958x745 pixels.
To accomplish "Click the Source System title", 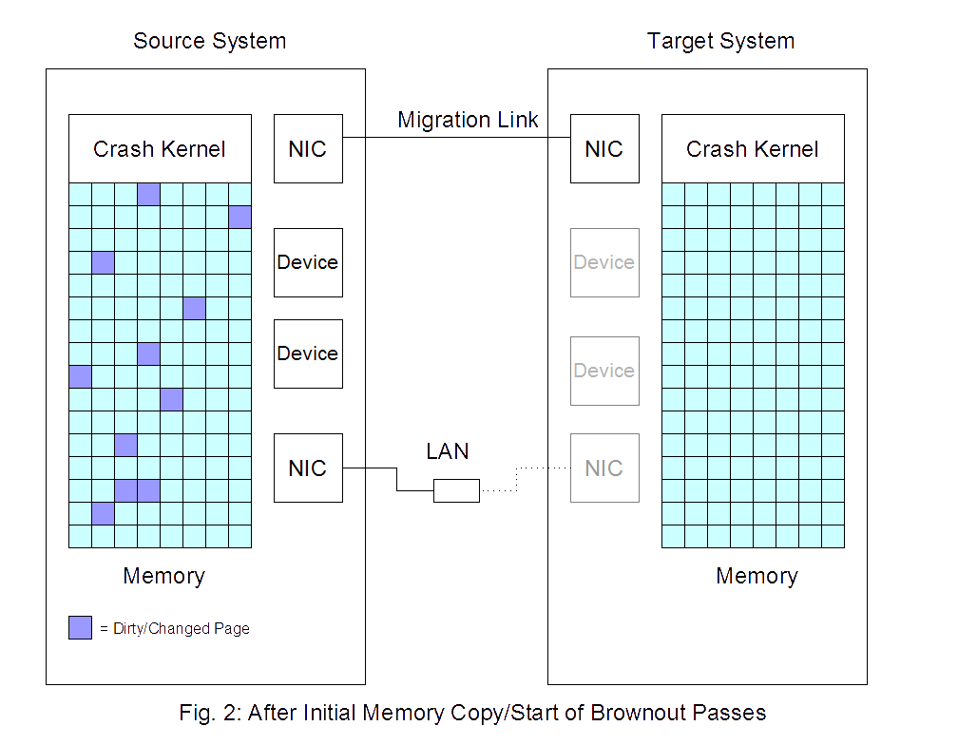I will coord(209,42).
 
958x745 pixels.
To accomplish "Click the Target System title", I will coord(720,42).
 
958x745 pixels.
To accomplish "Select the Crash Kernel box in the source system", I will coord(160,149).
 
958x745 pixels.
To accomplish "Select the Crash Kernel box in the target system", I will coord(753,149).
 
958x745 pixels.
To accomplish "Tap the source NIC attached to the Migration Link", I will coord(308,149).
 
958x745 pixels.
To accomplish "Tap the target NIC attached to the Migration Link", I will coord(604,149).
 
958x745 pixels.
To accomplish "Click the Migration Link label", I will coord(468,121).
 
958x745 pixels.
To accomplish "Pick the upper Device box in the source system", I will coord(308,262).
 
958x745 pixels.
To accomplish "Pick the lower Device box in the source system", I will coord(308,353).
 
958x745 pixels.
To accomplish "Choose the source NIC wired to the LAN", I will coord(308,468).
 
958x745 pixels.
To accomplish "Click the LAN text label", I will coord(448,451).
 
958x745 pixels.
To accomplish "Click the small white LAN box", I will coord(456,490).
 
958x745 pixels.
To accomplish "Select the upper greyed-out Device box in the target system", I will coord(604,262).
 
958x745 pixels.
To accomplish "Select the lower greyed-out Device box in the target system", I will coord(604,371).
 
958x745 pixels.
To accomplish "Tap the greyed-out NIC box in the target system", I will coord(604,468).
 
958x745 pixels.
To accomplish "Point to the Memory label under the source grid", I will coord(163,577).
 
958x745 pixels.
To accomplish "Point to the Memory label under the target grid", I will coord(757,577).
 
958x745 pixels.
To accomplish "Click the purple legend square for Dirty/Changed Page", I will coord(80,627).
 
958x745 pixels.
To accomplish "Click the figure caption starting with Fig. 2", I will coord(472,713).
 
